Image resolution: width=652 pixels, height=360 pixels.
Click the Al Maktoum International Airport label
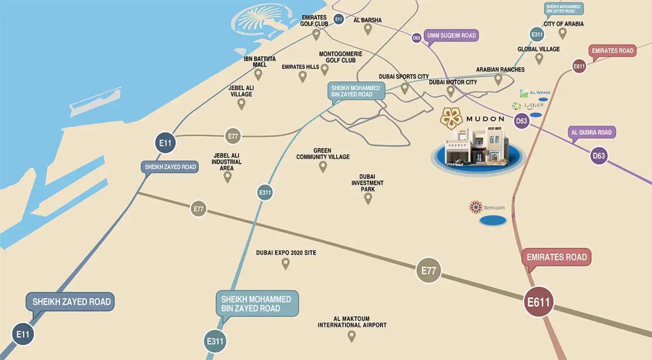tap(352, 322)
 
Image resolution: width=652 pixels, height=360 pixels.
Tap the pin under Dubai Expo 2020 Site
tap(285, 263)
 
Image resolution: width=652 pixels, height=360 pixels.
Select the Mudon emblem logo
tap(451, 118)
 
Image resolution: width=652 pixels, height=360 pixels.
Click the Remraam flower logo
tap(476, 207)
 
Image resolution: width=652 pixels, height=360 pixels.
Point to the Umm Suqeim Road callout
tap(450, 36)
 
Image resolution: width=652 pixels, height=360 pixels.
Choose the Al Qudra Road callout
tap(591, 133)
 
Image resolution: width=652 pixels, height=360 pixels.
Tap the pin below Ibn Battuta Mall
tap(258, 75)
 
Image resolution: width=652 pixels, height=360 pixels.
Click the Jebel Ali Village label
tap(241, 91)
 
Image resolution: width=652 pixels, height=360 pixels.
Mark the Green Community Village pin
tap(323, 166)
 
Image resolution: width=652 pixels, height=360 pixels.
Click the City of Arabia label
tap(564, 24)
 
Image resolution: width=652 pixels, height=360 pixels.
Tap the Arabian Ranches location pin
tap(498, 79)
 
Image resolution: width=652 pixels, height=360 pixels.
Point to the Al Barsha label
tap(368, 21)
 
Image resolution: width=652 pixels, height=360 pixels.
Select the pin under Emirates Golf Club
tap(316, 34)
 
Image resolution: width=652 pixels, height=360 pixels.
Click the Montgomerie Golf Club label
tap(340, 57)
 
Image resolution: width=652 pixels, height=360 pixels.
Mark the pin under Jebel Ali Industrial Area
tap(227, 177)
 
